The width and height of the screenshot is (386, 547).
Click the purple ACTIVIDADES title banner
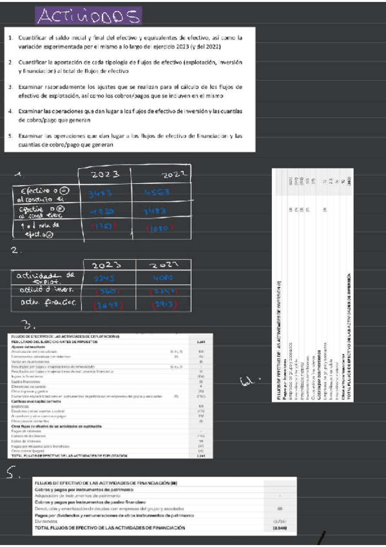pyautogui.click(x=88, y=15)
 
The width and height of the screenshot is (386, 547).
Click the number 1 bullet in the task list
pyautogui.click(x=11, y=38)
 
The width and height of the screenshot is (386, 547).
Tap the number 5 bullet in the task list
pyautogui.click(x=11, y=136)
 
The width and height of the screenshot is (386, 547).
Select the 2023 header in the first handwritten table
pyautogui.click(x=104, y=175)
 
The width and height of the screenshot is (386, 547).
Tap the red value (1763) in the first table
pyautogui.click(x=104, y=227)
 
